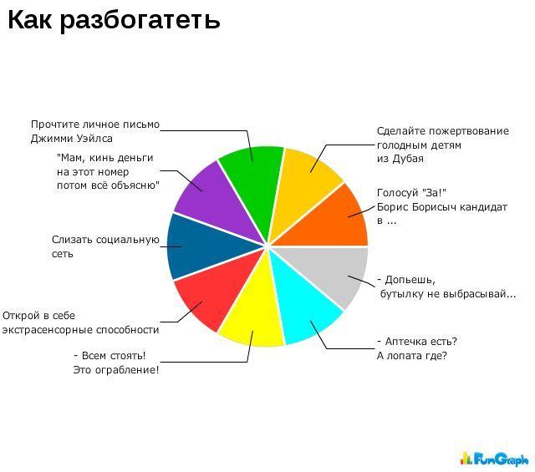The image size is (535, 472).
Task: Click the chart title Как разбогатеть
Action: [x=114, y=20]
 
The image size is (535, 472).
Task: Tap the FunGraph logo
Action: [x=494, y=459]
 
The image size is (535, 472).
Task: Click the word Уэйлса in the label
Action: [x=94, y=139]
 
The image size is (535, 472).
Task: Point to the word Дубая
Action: [x=408, y=159]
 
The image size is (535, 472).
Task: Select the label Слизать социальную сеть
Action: [x=105, y=246]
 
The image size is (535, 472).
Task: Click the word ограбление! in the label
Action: [x=126, y=370]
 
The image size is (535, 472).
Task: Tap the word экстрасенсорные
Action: [x=48, y=330]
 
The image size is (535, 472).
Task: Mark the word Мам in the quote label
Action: [x=70, y=158]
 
